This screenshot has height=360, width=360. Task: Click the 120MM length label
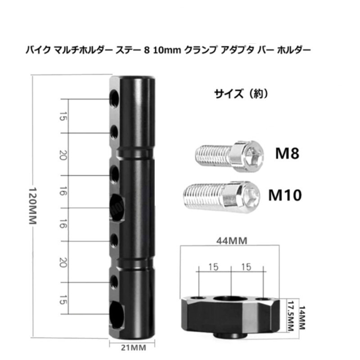coord(32,206)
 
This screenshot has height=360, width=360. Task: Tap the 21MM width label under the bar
coord(133,347)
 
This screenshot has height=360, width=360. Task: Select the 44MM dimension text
coord(232,241)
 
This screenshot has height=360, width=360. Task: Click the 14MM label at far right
coord(301,318)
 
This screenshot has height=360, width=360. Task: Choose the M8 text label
coord(287,153)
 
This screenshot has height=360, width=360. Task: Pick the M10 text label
coord(285,195)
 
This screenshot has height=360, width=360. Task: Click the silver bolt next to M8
coord(229,156)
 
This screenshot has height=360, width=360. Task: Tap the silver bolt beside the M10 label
coord(221,197)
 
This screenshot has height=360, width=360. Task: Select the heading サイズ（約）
coord(241,94)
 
